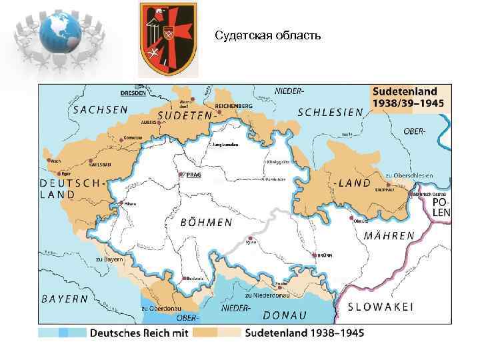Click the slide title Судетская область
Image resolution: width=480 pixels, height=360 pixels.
(x=267, y=35)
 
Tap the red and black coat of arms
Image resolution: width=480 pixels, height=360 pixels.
(x=167, y=39)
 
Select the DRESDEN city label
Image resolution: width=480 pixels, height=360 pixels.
(x=133, y=93)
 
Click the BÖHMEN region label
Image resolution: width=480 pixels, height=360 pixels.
(x=206, y=223)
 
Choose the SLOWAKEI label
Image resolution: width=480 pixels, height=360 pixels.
(x=381, y=307)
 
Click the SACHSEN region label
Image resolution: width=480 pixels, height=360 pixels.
(x=101, y=109)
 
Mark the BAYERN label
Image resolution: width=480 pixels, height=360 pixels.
(x=65, y=299)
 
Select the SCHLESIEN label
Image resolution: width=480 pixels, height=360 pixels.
(x=331, y=112)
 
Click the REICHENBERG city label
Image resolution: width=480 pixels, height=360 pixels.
(x=233, y=106)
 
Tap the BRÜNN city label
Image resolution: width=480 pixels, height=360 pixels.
(x=325, y=255)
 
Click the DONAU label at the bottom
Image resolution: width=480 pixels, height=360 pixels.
(x=285, y=315)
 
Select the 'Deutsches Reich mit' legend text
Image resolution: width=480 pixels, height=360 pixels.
(x=139, y=332)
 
